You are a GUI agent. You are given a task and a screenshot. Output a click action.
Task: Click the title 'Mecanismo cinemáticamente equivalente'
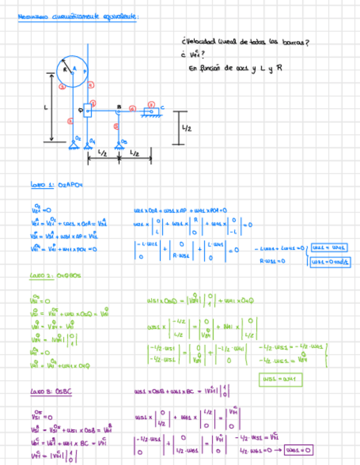point(78,17)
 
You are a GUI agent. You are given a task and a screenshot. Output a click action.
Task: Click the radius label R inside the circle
point(65,70)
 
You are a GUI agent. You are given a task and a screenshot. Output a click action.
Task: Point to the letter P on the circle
point(84,72)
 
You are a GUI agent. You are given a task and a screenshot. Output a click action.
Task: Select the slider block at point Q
point(87,111)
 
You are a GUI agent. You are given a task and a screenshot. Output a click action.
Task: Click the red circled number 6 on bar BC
point(132,107)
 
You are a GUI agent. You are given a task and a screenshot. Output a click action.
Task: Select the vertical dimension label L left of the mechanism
point(46,108)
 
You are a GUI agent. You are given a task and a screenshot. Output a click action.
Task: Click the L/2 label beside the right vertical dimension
point(187,128)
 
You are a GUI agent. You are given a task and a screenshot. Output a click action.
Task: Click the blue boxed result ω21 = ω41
point(326,247)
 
